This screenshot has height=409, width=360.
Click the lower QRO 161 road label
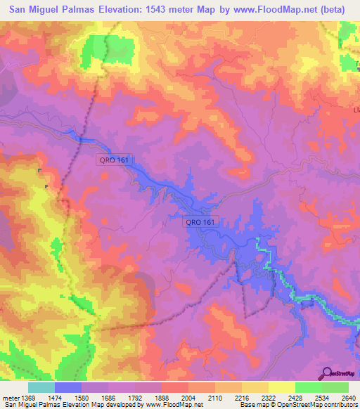tap(201, 222)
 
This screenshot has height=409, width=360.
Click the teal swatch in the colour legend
tap(41, 387)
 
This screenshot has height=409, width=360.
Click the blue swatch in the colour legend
tap(67, 387)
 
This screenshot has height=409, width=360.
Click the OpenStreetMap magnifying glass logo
tap(327, 373)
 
